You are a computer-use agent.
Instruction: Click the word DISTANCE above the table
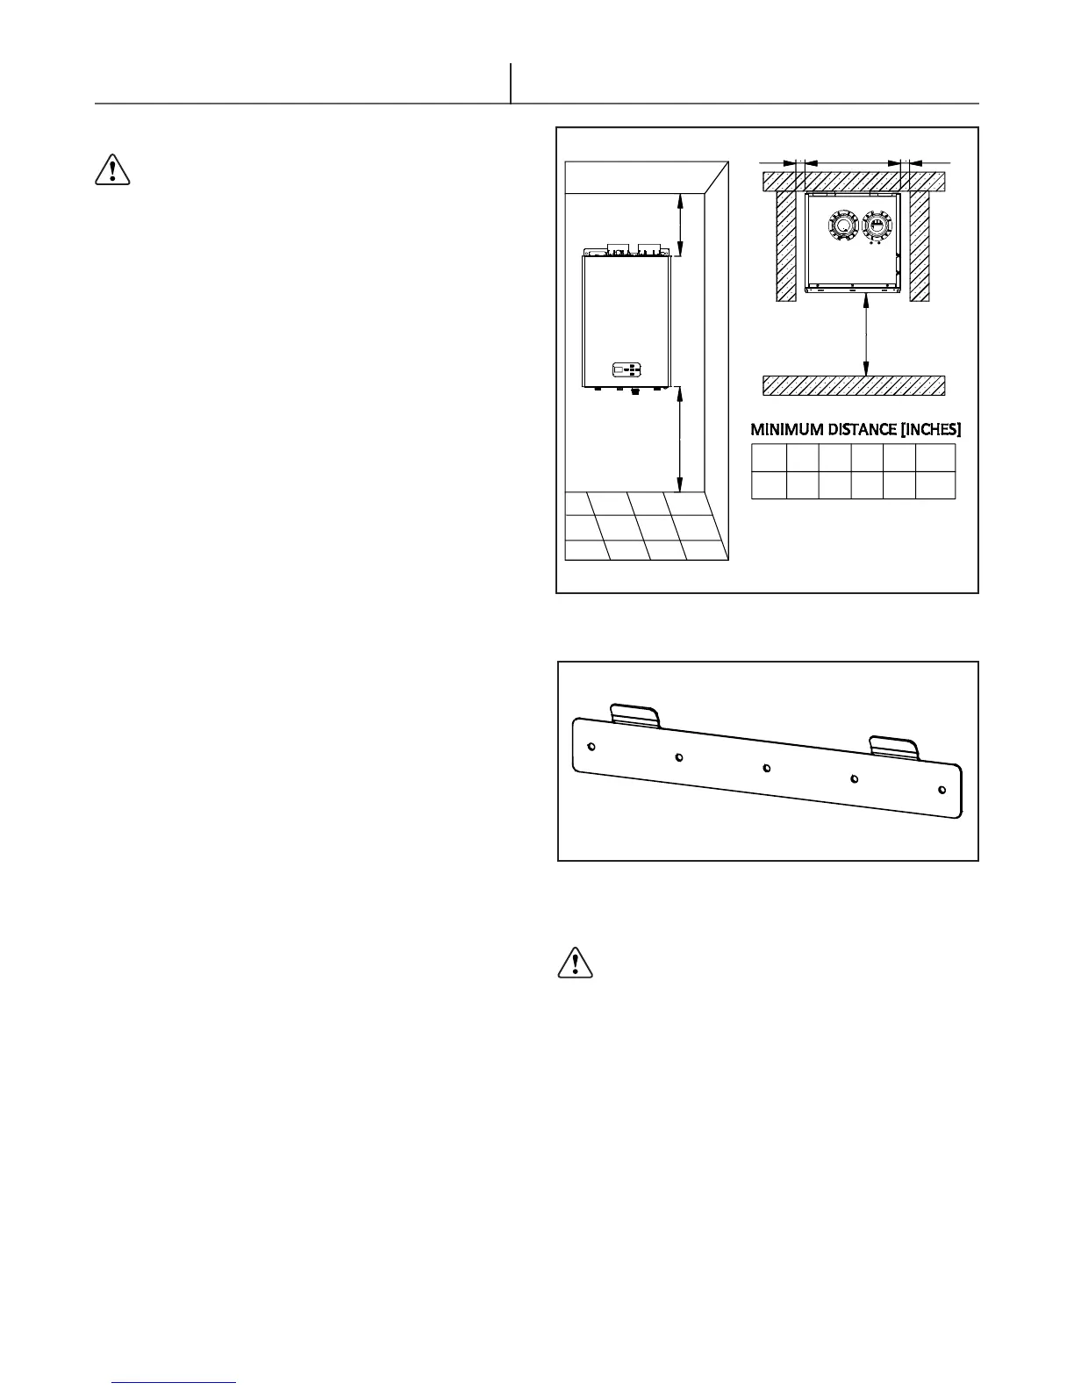click(856, 430)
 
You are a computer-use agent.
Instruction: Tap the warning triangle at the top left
click(111, 169)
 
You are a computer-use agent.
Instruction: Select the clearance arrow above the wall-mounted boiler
click(680, 226)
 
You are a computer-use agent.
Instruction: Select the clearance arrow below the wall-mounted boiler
click(680, 440)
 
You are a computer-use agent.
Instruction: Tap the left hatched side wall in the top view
click(785, 246)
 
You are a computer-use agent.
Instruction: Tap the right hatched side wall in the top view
click(919, 246)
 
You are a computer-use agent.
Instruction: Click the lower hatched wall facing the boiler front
click(854, 385)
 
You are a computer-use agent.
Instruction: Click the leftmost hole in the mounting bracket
click(591, 747)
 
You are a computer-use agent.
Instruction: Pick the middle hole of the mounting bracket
click(767, 768)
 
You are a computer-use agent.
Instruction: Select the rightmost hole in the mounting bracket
click(942, 789)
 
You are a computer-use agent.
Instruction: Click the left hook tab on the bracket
click(634, 714)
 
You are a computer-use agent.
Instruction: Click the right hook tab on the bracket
click(893, 746)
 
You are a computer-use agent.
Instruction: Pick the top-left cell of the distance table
click(768, 457)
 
